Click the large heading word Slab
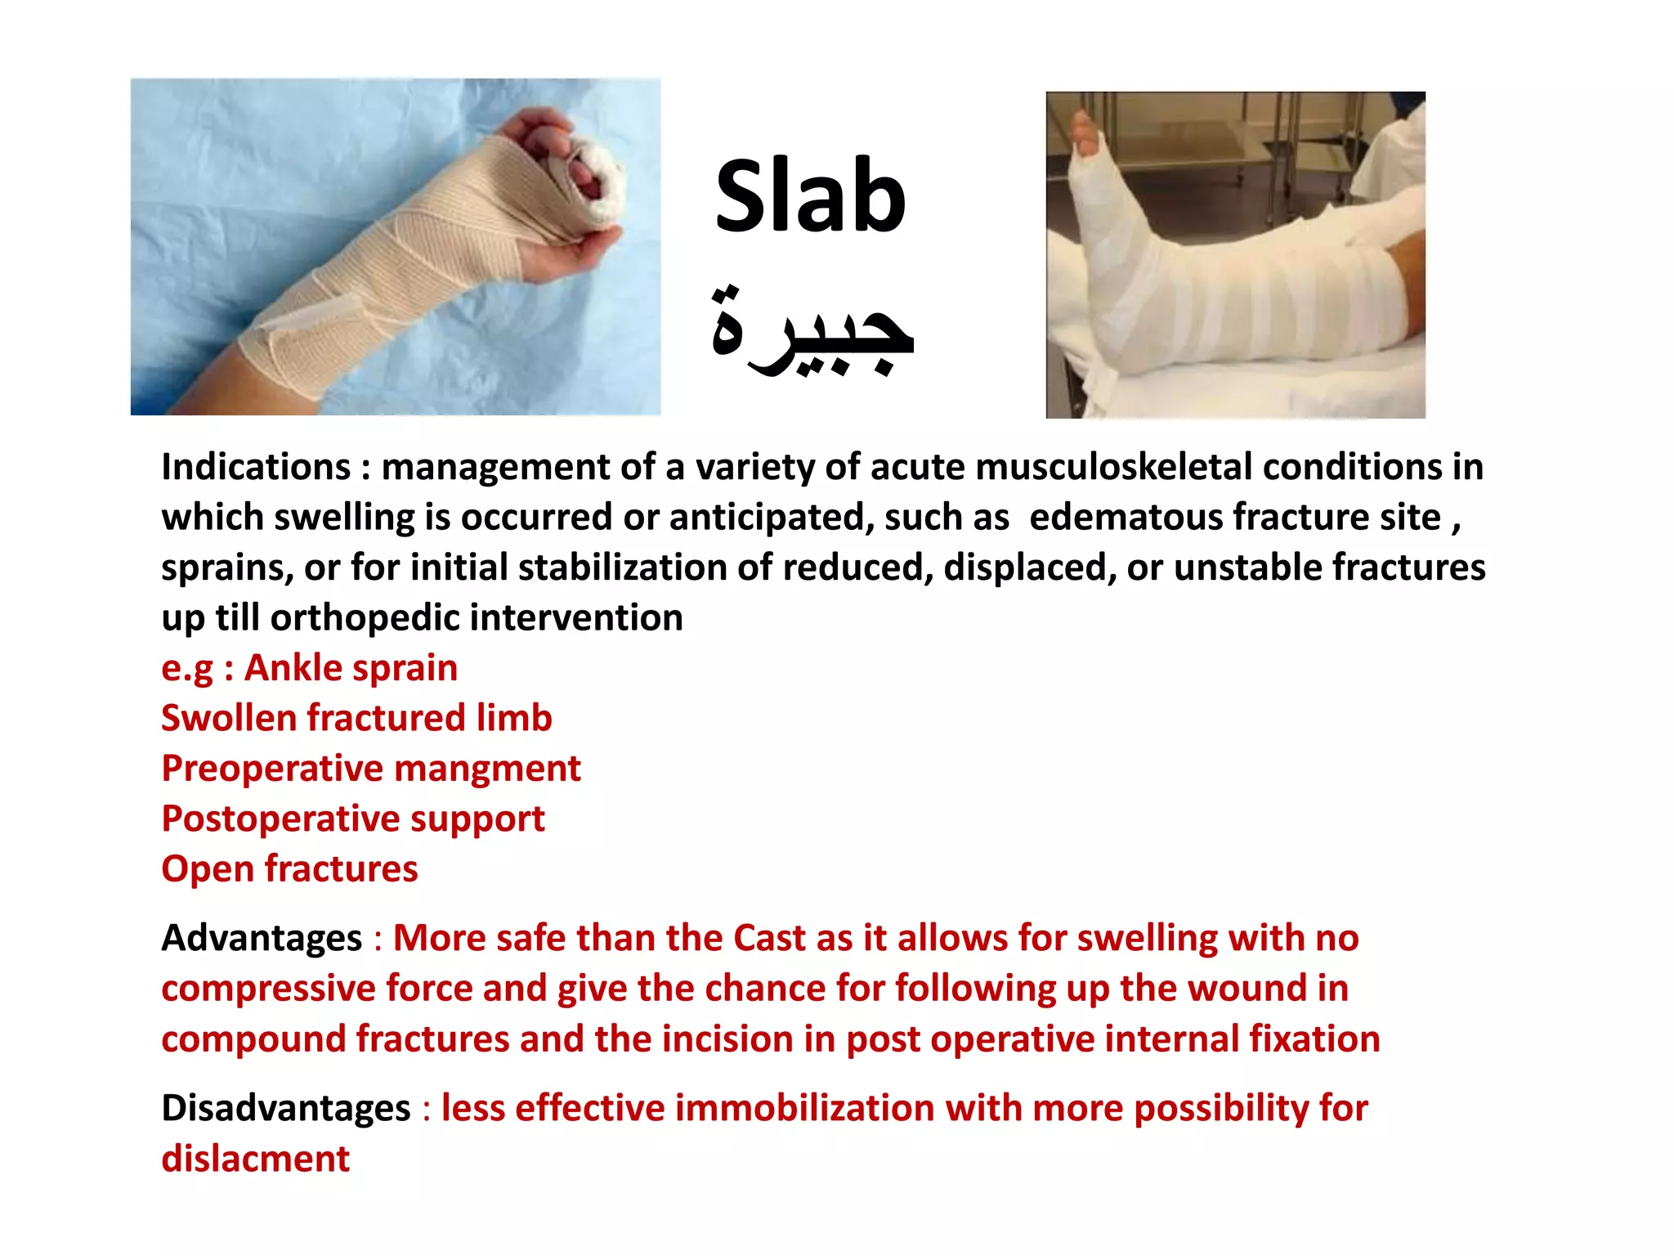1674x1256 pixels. [x=810, y=197]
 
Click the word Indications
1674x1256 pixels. [x=256, y=467]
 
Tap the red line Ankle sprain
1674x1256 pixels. [x=351, y=668]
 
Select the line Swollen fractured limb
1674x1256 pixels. [x=356, y=719]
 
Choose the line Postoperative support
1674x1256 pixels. [x=352, y=819]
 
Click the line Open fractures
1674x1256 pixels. [x=289, y=869]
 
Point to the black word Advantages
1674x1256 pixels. [x=262, y=938]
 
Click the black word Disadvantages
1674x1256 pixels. [x=285, y=1109]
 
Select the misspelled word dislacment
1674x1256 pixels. [x=255, y=1160]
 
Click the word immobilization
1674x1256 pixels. [x=805, y=1109]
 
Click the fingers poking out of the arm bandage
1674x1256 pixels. [x=584, y=176]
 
